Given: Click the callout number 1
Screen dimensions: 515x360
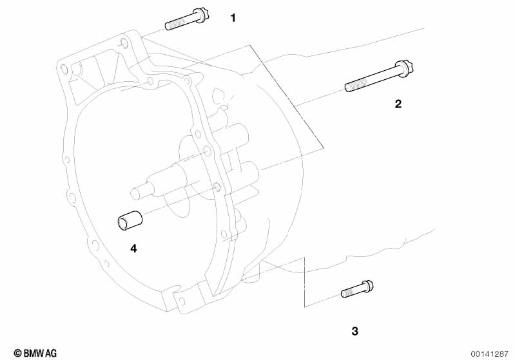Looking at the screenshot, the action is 233,18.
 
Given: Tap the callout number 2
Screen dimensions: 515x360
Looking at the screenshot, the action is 398,104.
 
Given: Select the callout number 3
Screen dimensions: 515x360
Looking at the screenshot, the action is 355,331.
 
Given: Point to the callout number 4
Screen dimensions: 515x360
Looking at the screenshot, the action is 133,249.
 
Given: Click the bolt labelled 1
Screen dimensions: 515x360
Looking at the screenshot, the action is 188,19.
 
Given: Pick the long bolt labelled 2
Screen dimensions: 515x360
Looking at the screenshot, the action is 380,76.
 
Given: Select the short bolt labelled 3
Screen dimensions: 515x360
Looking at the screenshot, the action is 357,289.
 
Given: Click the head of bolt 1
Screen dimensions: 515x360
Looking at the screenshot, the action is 202,14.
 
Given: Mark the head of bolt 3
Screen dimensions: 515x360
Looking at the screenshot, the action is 367,286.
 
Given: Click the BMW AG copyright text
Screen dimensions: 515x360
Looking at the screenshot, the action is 35,353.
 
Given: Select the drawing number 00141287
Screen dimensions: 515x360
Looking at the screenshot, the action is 489,354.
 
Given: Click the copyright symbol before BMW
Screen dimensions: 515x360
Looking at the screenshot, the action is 18,354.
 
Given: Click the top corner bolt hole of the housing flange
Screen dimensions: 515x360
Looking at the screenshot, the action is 124,43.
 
